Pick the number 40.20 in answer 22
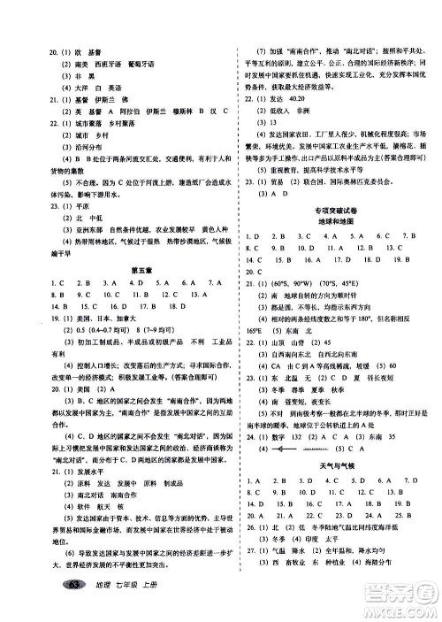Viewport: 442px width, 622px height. pos(309,100)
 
